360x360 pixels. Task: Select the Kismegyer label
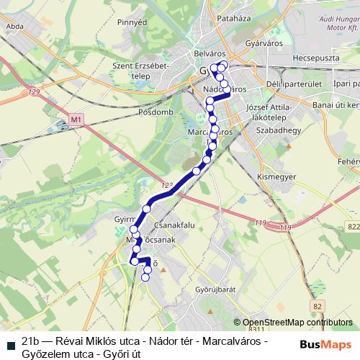click(x=277, y=176)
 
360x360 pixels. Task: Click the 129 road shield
click(x=34, y=92)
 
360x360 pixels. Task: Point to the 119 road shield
click(x=286, y=228)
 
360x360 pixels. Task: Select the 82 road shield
click(x=318, y=306)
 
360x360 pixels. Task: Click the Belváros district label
click(x=210, y=53)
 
